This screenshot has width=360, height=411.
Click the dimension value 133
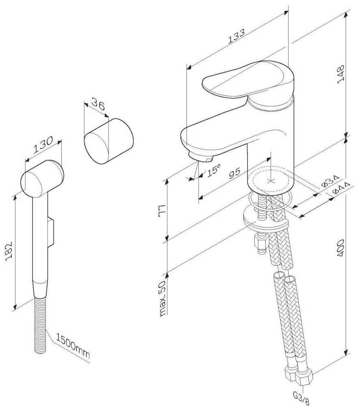[236, 36]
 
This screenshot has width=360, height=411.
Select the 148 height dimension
[340, 74]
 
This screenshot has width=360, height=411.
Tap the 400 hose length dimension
[340, 248]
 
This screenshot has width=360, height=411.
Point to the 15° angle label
[214, 170]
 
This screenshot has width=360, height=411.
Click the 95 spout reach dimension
[234, 173]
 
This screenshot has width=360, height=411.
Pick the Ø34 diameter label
[330, 180]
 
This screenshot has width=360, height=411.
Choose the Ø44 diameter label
[341, 188]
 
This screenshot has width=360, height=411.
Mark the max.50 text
[163, 298]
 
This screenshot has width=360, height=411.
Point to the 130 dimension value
[43, 145]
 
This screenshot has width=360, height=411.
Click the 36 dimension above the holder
[98, 104]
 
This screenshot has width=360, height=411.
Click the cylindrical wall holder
[109, 141]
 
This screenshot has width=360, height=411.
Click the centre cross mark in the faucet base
[270, 180]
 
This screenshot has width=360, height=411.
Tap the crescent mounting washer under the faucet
[265, 218]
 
